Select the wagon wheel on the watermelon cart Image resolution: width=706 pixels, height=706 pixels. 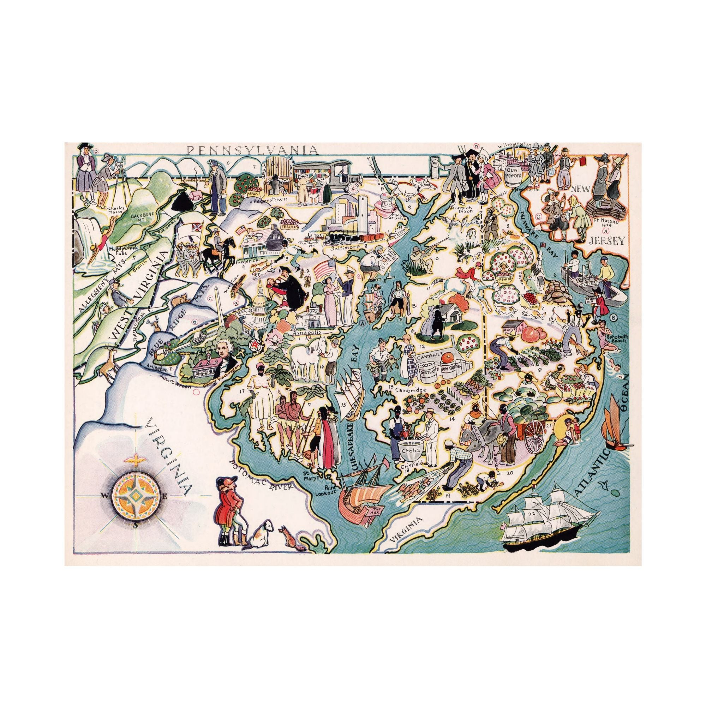(x=537, y=437)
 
